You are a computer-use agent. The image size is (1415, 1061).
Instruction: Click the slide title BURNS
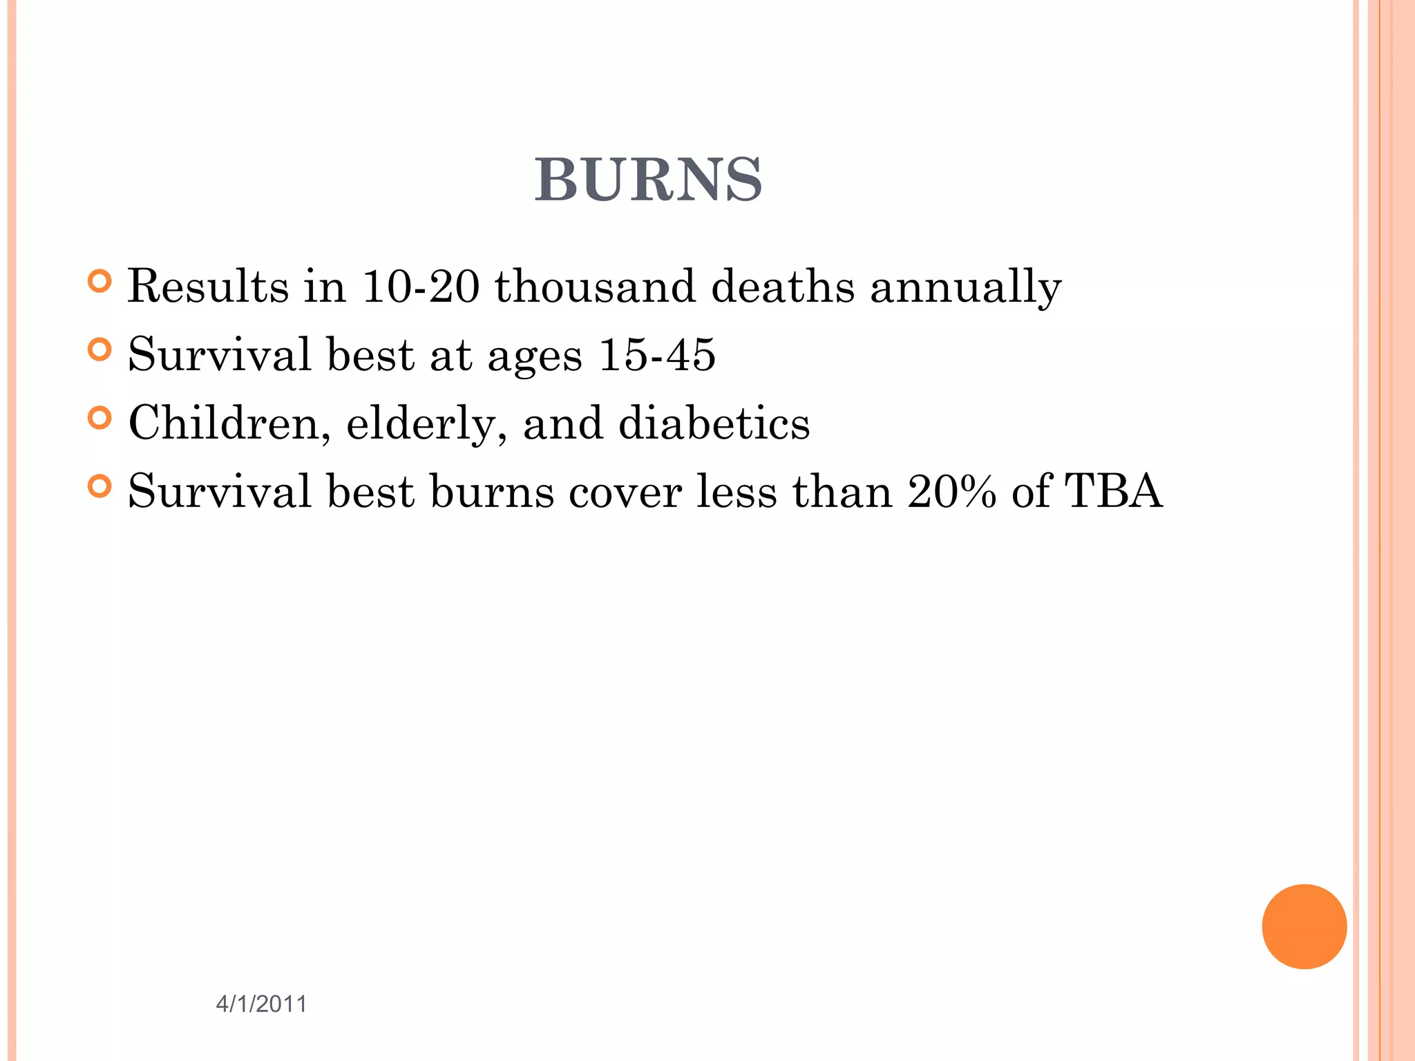tap(648, 180)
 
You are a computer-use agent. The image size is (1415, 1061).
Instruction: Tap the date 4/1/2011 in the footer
tap(261, 1004)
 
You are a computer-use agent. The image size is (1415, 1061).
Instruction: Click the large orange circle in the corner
tap(1304, 926)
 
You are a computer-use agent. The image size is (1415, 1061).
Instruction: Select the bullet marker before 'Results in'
tap(100, 281)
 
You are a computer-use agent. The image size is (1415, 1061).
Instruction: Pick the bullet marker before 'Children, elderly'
tap(100, 418)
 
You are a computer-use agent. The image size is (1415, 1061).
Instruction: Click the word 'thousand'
tap(595, 286)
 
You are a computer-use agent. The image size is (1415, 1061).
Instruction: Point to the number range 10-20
tap(420, 286)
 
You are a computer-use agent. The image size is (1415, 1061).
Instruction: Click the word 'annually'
tap(965, 287)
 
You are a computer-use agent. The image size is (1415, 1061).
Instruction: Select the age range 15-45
tap(657, 354)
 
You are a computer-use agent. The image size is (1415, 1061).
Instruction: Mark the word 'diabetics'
tap(714, 423)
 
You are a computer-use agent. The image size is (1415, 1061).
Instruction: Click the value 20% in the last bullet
tap(951, 491)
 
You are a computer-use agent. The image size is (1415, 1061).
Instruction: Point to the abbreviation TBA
tap(1113, 491)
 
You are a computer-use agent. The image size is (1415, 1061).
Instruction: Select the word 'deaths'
tap(783, 286)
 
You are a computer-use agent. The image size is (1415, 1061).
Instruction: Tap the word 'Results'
tap(208, 286)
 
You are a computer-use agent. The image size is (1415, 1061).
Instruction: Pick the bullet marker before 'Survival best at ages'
tap(100, 350)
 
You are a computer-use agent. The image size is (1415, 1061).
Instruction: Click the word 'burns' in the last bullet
tap(492, 493)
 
